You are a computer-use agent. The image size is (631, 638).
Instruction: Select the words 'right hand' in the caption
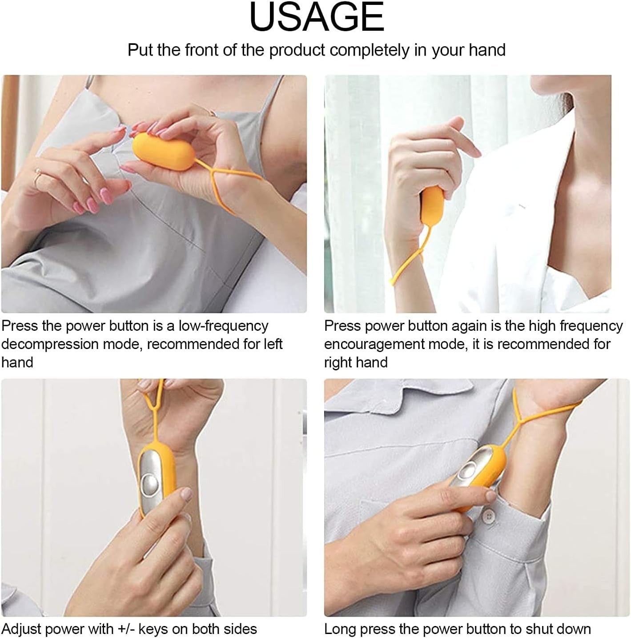click(356, 362)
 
